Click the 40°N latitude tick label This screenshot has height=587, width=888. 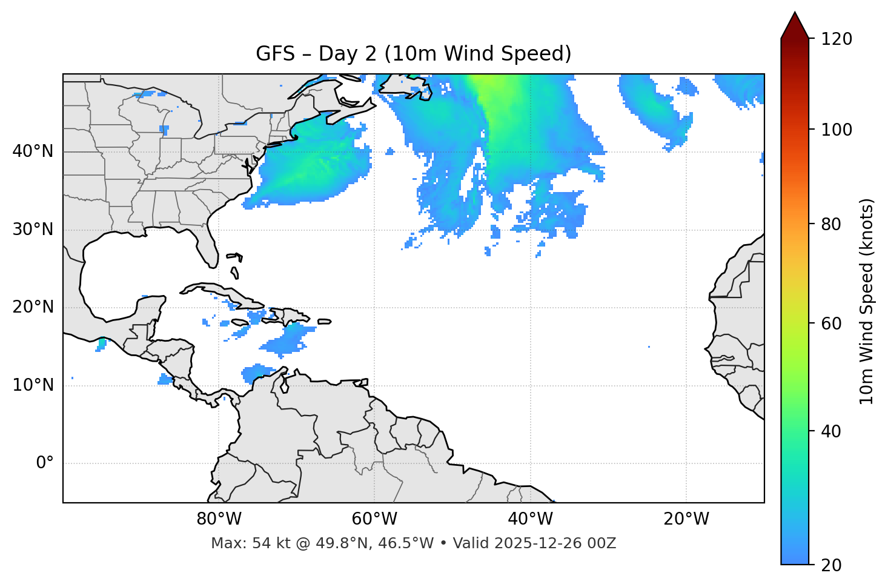point(33,151)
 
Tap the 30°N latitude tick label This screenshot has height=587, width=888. point(33,230)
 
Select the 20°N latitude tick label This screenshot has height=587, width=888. point(33,307)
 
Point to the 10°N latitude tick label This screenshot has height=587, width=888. point(33,385)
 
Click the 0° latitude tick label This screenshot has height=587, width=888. point(45,463)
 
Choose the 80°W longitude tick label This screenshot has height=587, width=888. point(219,519)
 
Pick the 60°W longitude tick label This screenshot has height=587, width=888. point(374,519)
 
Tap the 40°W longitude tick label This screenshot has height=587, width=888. point(530,519)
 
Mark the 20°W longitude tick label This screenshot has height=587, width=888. point(686,519)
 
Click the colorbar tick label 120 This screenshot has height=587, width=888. point(837,39)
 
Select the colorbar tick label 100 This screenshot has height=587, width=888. point(837,130)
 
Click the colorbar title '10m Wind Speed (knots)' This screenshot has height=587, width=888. point(867,302)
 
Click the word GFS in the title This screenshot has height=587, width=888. point(276,54)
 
